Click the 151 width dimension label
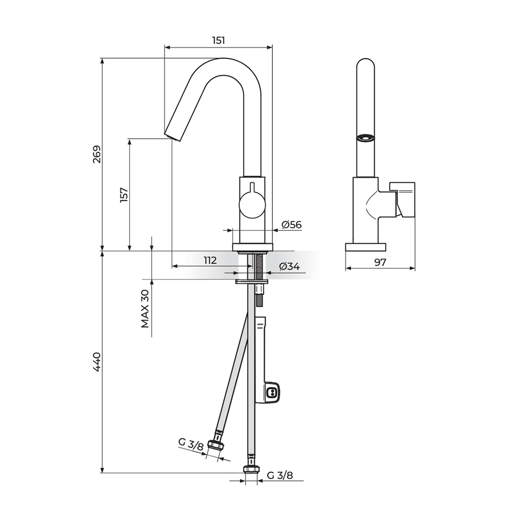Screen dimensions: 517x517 218,40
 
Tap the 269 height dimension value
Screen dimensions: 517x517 97,154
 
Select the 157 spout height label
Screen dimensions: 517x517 124,195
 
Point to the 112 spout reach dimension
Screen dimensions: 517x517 210,261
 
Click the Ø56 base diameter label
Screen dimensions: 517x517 292,224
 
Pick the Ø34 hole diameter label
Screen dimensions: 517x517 290,266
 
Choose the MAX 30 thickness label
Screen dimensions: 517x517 145,309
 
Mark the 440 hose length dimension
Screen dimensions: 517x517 97,362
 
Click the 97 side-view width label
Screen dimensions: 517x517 380,263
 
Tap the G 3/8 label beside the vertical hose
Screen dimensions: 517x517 280,475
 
